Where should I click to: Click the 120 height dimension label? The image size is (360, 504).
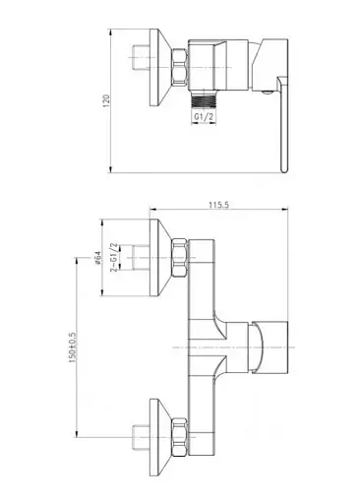point(106,101)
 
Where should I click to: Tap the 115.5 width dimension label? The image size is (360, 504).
point(218,205)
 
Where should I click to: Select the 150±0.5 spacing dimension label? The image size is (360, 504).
point(72,347)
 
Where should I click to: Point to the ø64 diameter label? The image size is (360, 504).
point(97,258)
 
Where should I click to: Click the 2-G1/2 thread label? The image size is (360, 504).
point(114,258)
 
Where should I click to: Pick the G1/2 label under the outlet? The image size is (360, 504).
point(204,116)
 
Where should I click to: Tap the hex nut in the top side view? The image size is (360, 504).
point(180,68)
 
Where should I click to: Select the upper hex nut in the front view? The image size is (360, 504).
point(180,258)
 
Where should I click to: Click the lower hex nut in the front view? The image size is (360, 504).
point(180,437)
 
